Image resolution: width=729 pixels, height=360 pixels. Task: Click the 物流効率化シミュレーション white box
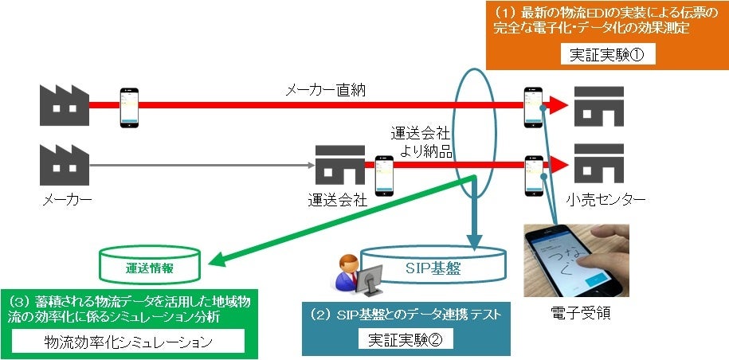(x=127, y=342)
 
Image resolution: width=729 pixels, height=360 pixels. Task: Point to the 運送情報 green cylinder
(x=150, y=268)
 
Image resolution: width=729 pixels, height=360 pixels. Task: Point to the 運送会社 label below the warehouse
(x=337, y=201)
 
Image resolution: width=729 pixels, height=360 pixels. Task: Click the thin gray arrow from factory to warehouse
(x=199, y=166)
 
